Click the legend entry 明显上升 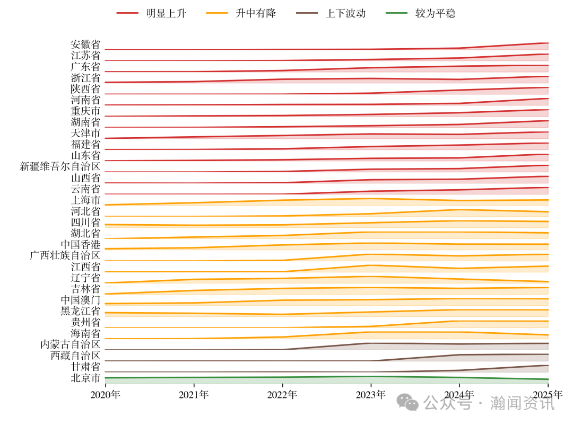[x=166, y=13]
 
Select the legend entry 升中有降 [x=256, y=13]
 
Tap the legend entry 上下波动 [x=345, y=13]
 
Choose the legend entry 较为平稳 [x=435, y=13]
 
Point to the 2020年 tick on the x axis [x=105, y=395]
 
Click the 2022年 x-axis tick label [x=282, y=395]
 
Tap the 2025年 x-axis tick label [x=548, y=395]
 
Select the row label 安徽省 [x=85, y=45]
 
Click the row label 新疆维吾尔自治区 [x=60, y=166]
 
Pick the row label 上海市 [x=85, y=200]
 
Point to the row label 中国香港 [x=80, y=244]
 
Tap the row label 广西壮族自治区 [x=65, y=255]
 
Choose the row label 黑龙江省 [x=80, y=311]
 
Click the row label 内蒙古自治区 [x=70, y=344]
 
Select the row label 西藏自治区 [x=75, y=356]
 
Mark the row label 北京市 [x=85, y=378]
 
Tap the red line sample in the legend [x=127, y=13]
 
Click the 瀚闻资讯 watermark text [x=522, y=403]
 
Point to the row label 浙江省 [x=85, y=78]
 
